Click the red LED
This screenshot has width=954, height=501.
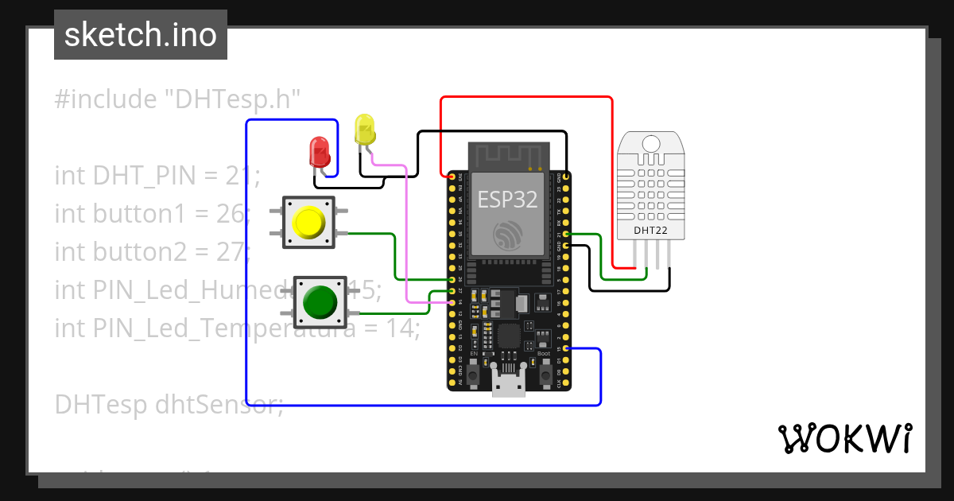coord(319,150)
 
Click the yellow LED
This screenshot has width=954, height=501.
coord(364,129)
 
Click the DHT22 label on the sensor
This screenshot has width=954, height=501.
coord(650,231)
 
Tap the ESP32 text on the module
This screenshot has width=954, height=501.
coord(506,199)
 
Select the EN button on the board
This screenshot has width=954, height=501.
coord(474,372)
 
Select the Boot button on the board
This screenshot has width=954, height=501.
coord(545,372)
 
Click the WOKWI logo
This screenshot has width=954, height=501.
coord(843,439)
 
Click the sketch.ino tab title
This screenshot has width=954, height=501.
coord(140,35)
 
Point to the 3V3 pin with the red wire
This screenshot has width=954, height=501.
coord(452,177)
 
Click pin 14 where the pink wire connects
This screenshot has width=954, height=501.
coord(452,303)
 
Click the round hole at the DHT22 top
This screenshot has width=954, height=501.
coord(650,144)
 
